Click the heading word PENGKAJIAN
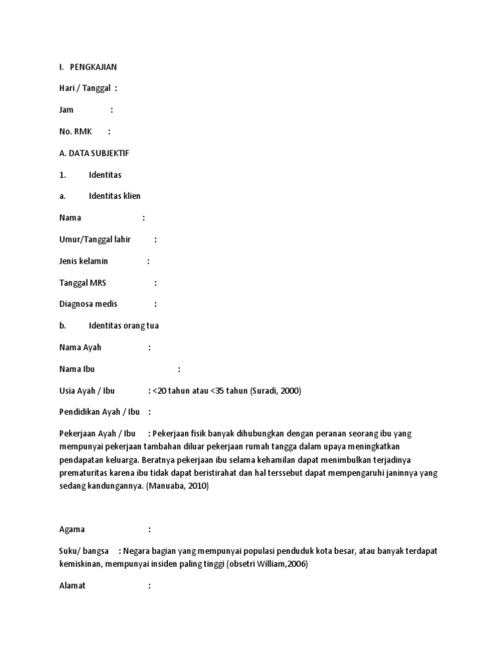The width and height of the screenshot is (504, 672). click(94, 67)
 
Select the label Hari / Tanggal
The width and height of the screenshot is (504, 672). click(84, 89)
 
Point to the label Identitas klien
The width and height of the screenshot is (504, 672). click(115, 196)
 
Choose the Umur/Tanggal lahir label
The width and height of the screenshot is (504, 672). click(95, 240)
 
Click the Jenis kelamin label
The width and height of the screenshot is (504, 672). click(84, 261)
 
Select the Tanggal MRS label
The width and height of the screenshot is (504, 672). click(83, 283)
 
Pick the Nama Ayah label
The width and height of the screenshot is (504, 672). click(81, 347)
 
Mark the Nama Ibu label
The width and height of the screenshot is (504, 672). click(77, 369)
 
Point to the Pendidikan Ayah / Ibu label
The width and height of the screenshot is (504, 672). click(100, 412)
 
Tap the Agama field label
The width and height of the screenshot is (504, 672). click(72, 529)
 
